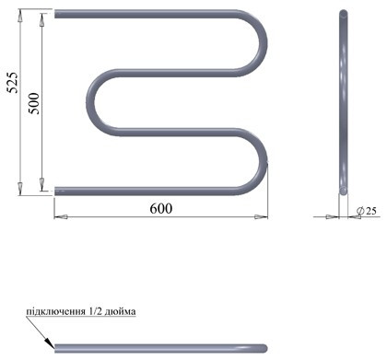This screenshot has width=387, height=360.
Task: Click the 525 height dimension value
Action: tap(13, 82)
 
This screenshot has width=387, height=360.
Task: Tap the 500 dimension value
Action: tap(33, 103)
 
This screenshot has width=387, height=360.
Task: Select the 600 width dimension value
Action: tap(161, 209)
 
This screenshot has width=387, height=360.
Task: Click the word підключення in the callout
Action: tap(55, 311)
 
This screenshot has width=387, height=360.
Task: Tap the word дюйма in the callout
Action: tap(120, 311)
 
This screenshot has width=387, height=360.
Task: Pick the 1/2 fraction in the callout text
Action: tap(95, 311)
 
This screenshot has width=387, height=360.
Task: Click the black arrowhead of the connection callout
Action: tap(50, 343)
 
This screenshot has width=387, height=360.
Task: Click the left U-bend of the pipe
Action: tap(90, 102)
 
